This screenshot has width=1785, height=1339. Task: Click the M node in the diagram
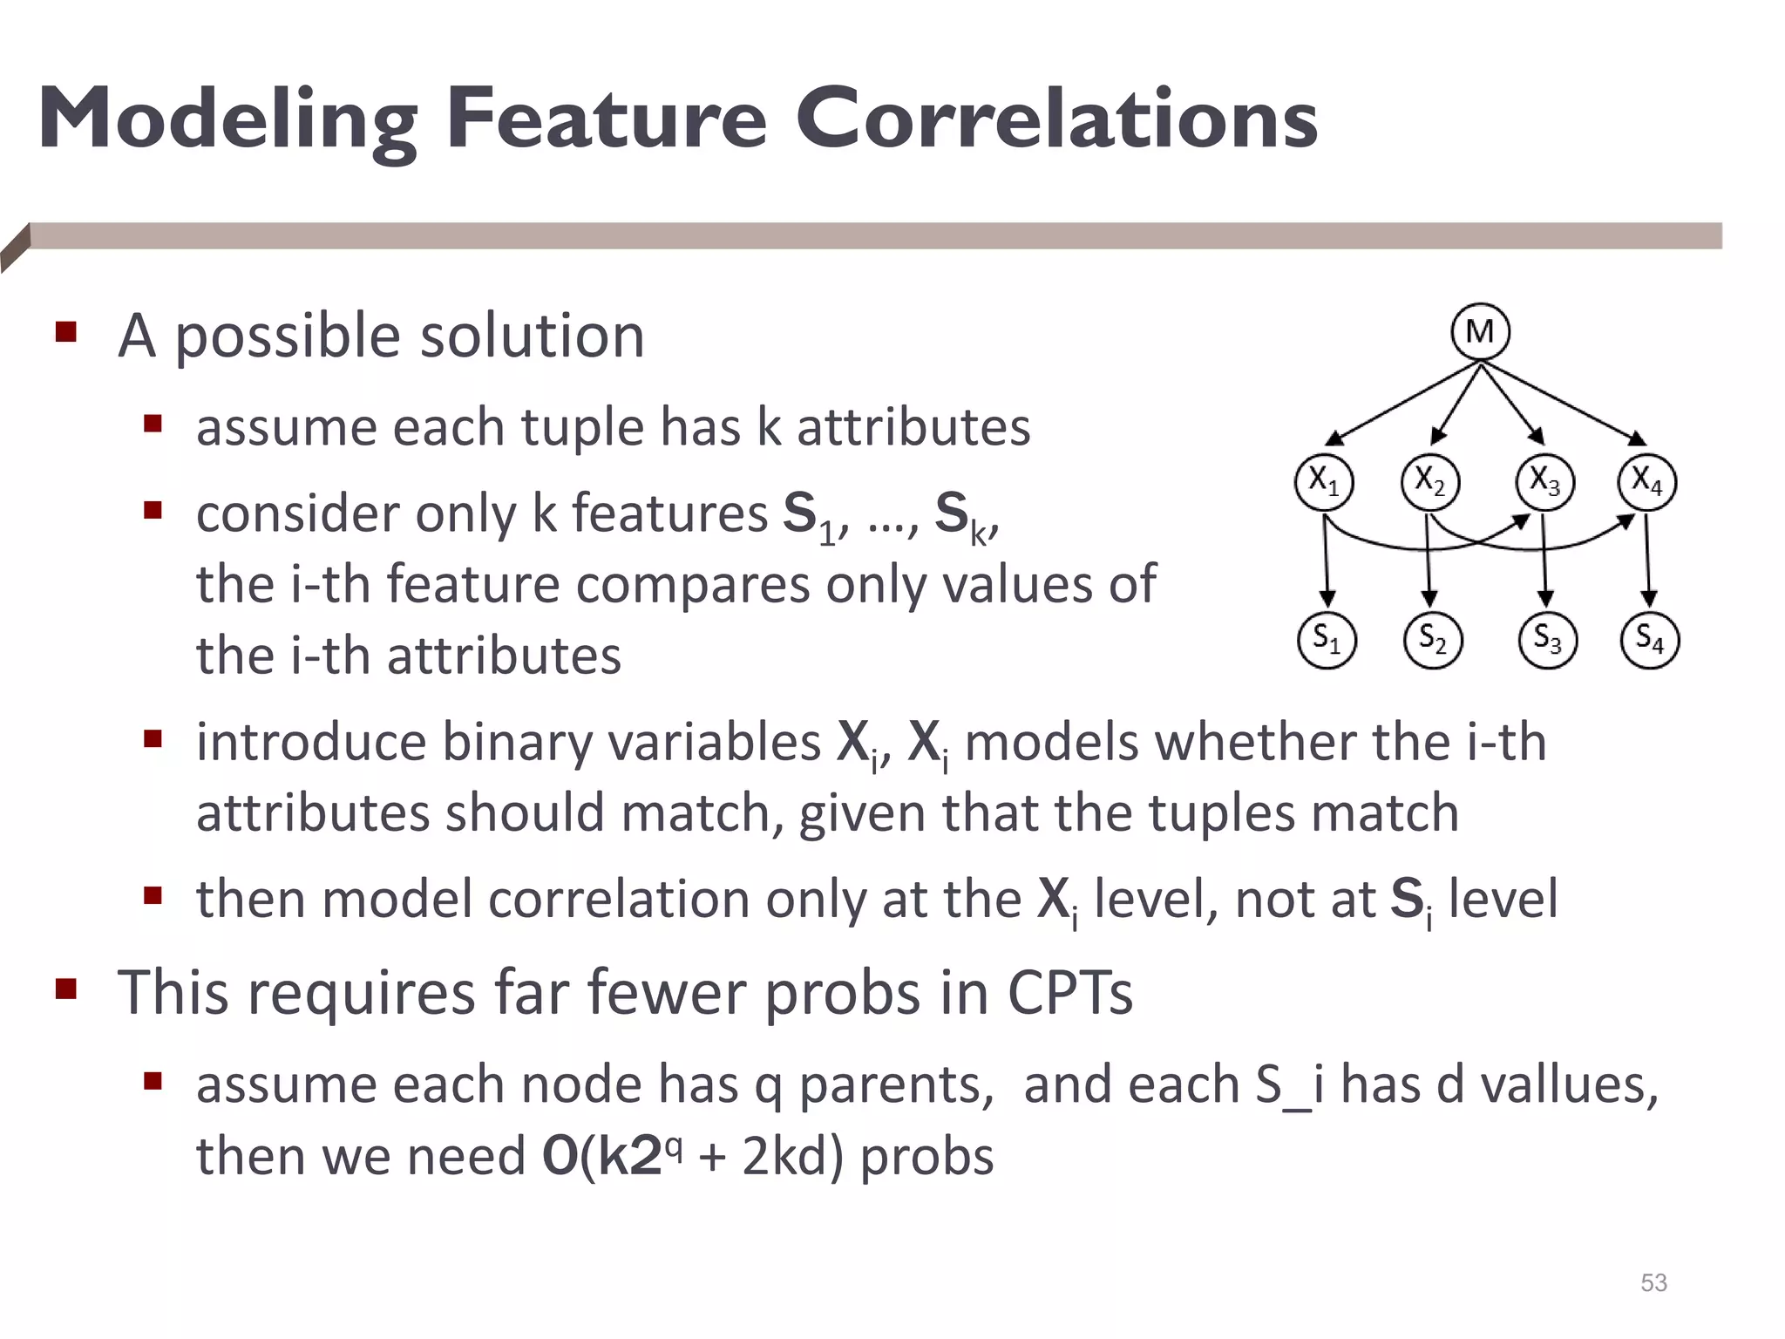point(1480,332)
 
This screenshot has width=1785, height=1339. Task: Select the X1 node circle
point(1324,482)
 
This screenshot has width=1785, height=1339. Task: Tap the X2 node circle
point(1429,482)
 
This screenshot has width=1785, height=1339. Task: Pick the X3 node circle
point(1544,482)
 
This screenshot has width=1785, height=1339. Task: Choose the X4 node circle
point(1646,482)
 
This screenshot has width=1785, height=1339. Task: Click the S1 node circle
point(1327,640)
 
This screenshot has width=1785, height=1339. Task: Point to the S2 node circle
point(1432,640)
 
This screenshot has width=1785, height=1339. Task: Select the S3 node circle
point(1547,640)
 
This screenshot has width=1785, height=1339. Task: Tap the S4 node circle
point(1649,640)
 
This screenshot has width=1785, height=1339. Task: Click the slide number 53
point(1653,1282)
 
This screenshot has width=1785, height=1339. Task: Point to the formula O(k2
point(601,1157)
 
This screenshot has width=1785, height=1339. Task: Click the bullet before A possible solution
point(66,332)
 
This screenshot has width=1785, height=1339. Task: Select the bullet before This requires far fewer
point(66,989)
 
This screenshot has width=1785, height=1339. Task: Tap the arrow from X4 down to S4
point(1647,558)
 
